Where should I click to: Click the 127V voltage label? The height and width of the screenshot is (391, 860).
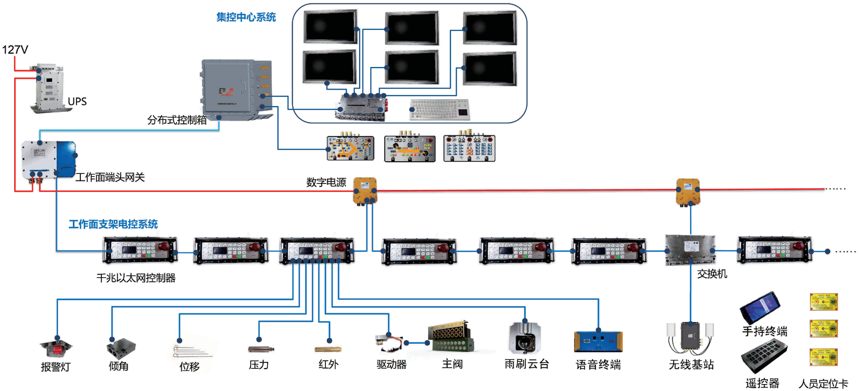(15, 50)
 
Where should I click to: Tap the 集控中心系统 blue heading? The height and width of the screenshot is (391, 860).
(246, 17)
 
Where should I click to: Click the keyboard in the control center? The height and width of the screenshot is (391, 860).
(440, 109)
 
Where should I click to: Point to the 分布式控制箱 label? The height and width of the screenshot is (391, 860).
(177, 120)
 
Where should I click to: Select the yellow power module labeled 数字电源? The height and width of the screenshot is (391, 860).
(365, 190)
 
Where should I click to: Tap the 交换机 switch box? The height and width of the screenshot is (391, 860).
(690, 249)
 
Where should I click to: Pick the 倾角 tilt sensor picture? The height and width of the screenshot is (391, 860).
(121, 348)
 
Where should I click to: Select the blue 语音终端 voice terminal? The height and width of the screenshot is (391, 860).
(598, 341)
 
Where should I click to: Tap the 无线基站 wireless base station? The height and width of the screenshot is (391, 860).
(691, 337)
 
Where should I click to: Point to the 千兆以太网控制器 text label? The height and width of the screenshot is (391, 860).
(136, 278)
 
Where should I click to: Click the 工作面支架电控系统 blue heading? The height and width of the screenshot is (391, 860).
(113, 224)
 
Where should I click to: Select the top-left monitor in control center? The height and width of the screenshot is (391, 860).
(330, 27)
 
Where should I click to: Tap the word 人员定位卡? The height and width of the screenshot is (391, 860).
(823, 383)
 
